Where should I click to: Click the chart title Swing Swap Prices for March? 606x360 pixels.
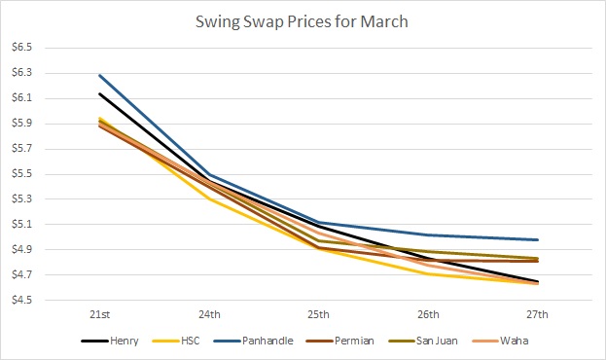pyautogui.click(x=302, y=21)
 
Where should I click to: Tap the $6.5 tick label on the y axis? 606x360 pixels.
pyautogui.click(x=22, y=48)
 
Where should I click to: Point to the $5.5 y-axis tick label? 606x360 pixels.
pyautogui.click(x=22, y=174)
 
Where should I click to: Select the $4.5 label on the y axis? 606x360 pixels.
pyautogui.click(x=22, y=300)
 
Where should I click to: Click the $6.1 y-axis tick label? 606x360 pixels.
pyautogui.click(x=22, y=98)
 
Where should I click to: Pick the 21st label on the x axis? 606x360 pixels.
pyautogui.click(x=100, y=314)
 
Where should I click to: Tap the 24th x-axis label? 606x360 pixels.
pyautogui.click(x=209, y=314)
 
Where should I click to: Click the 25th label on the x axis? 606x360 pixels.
pyautogui.click(x=319, y=314)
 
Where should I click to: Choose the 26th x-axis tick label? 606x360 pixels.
pyautogui.click(x=428, y=314)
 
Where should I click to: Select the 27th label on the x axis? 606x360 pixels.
pyautogui.click(x=538, y=314)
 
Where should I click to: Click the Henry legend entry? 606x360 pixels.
pyautogui.click(x=110, y=342)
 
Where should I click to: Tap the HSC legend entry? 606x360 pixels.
pyautogui.click(x=176, y=342)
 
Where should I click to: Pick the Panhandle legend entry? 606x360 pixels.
pyautogui.click(x=254, y=342)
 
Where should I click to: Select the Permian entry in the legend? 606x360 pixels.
pyautogui.click(x=340, y=342)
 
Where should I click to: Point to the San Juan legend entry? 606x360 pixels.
pyautogui.click(x=423, y=342)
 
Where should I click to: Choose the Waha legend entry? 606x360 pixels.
pyautogui.click(x=500, y=342)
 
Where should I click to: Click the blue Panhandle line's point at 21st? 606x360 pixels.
pyautogui.click(x=100, y=75)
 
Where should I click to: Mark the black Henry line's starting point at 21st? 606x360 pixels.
pyautogui.click(x=100, y=93)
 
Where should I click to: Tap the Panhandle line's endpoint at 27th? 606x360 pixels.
pyautogui.click(x=538, y=239)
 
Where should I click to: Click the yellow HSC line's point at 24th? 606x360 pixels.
pyautogui.click(x=209, y=199)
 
